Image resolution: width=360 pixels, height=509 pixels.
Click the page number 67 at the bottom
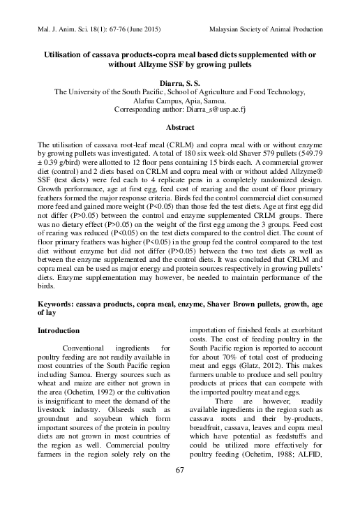pos(179,489)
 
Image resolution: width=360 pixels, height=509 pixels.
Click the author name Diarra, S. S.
pos(179,83)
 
